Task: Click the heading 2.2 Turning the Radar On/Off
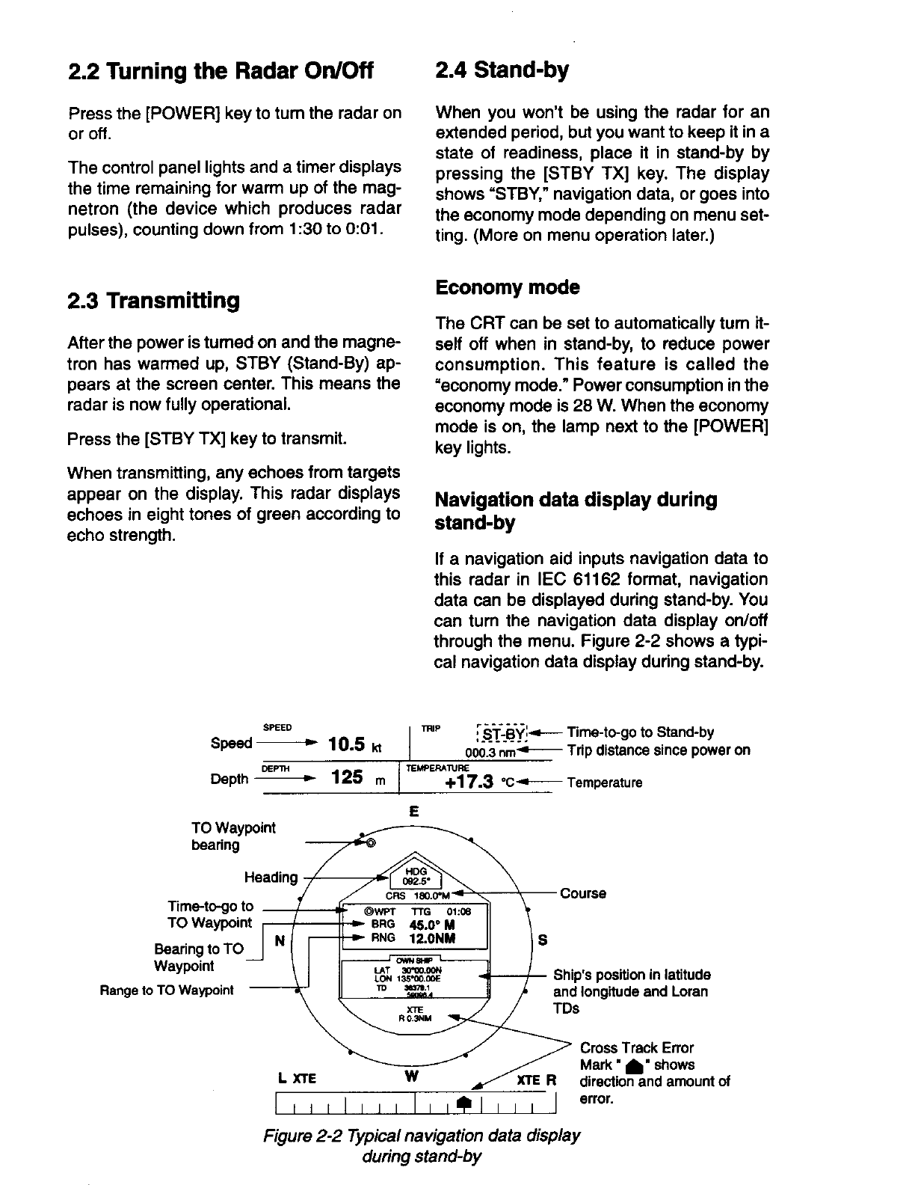point(220,72)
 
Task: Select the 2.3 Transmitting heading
point(154,301)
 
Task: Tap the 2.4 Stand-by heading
point(502,70)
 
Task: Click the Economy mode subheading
point(507,288)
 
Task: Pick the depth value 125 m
point(354,779)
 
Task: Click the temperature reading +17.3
point(469,783)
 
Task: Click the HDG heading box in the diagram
point(416,876)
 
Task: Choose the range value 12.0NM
point(428,938)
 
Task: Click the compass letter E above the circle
point(414,812)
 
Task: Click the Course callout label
point(583,893)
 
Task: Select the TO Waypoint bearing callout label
point(232,836)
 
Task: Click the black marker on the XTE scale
point(463,1103)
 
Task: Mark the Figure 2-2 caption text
point(422,1145)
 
